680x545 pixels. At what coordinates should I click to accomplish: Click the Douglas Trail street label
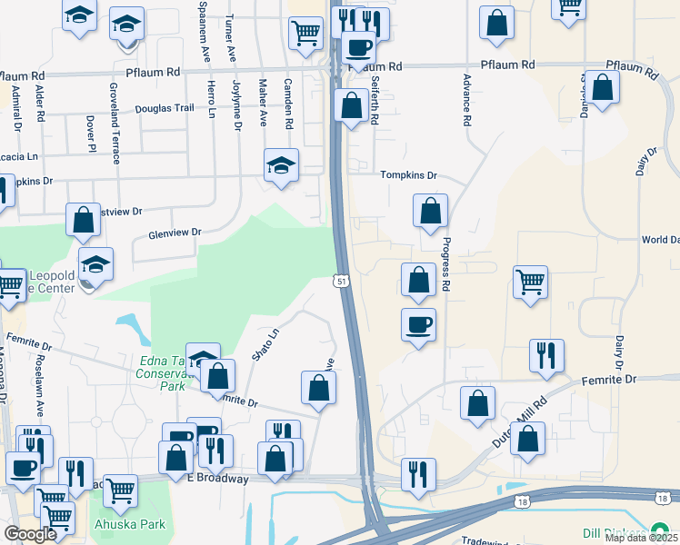[165, 108]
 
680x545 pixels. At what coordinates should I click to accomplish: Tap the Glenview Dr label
[174, 233]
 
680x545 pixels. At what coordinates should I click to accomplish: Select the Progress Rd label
[446, 264]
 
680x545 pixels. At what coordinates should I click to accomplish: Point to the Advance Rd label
[466, 100]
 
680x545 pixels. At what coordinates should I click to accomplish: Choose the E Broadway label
[217, 479]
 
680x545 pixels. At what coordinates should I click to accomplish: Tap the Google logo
[30, 534]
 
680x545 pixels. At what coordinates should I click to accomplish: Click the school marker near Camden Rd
[281, 165]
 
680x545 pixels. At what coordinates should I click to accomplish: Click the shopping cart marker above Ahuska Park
[120, 491]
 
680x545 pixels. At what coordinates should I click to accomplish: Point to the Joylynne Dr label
[236, 105]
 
